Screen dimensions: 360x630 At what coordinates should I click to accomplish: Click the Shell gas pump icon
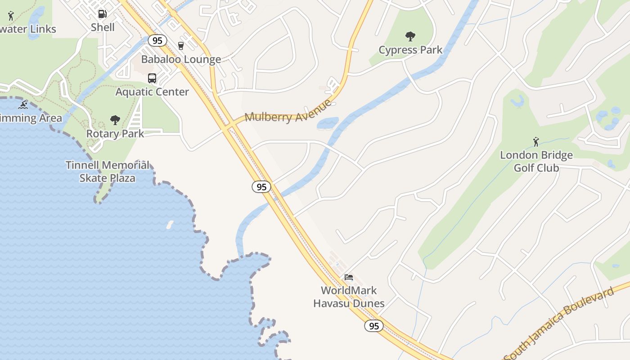(103, 14)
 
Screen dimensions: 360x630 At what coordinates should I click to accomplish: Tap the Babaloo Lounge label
(181, 59)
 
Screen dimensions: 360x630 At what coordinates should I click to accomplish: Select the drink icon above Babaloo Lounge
(181, 46)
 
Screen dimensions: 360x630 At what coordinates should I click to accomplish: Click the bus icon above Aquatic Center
(152, 78)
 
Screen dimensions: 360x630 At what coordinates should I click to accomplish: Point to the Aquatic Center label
(152, 92)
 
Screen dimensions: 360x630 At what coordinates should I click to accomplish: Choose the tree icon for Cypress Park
(410, 36)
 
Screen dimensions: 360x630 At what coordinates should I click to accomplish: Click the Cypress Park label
(410, 50)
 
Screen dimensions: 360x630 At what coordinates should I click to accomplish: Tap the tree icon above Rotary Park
(115, 120)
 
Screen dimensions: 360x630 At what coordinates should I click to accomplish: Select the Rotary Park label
(115, 134)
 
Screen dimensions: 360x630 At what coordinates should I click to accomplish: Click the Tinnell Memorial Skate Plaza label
(107, 171)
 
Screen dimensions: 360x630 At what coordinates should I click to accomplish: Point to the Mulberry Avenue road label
(288, 112)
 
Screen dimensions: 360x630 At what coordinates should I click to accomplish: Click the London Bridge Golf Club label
(536, 162)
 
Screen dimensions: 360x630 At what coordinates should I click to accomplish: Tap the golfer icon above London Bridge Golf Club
(536, 142)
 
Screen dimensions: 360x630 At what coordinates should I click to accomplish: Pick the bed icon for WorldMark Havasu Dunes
(349, 277)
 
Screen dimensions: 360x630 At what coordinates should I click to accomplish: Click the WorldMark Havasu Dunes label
(349, 297)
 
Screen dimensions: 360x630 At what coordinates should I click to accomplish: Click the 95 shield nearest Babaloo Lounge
(157, 41)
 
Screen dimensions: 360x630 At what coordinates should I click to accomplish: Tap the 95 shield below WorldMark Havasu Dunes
(374, 326)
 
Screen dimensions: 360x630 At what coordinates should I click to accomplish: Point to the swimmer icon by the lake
(23, 105)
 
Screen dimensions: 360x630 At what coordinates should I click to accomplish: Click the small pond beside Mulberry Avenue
(328, 123)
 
